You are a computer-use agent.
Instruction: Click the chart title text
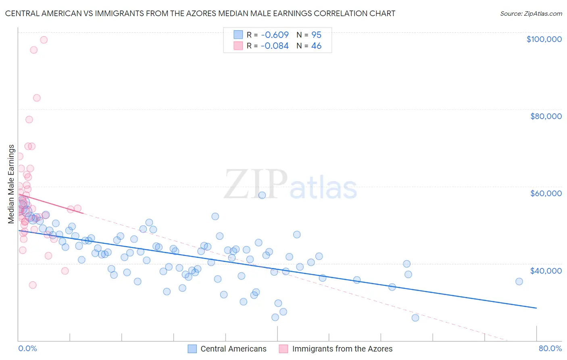[200, 13]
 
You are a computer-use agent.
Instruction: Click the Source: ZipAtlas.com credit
[531, 14]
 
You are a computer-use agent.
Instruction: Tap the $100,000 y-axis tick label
[544, 39]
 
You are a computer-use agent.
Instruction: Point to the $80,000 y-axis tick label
[546, 116]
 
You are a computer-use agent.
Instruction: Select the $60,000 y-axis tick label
[546, 193]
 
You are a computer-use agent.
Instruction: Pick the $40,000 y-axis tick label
[546, 270]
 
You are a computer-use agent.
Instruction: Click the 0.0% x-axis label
[27, 348]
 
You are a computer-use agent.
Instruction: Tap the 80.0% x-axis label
[550, 348]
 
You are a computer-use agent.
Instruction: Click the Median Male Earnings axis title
[11, 184]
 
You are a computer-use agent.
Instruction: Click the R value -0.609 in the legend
[275, 35]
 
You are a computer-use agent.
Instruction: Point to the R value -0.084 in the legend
[275, 46]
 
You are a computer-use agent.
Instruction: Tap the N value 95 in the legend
[316, 35]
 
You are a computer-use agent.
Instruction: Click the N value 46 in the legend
[316, 46]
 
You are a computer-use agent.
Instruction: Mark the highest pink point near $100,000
[44, 40]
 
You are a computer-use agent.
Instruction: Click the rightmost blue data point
[519, 282]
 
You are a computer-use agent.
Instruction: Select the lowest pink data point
[33, 285]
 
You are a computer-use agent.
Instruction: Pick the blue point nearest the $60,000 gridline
[262, 195]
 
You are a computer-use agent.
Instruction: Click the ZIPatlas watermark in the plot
[290, 184]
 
